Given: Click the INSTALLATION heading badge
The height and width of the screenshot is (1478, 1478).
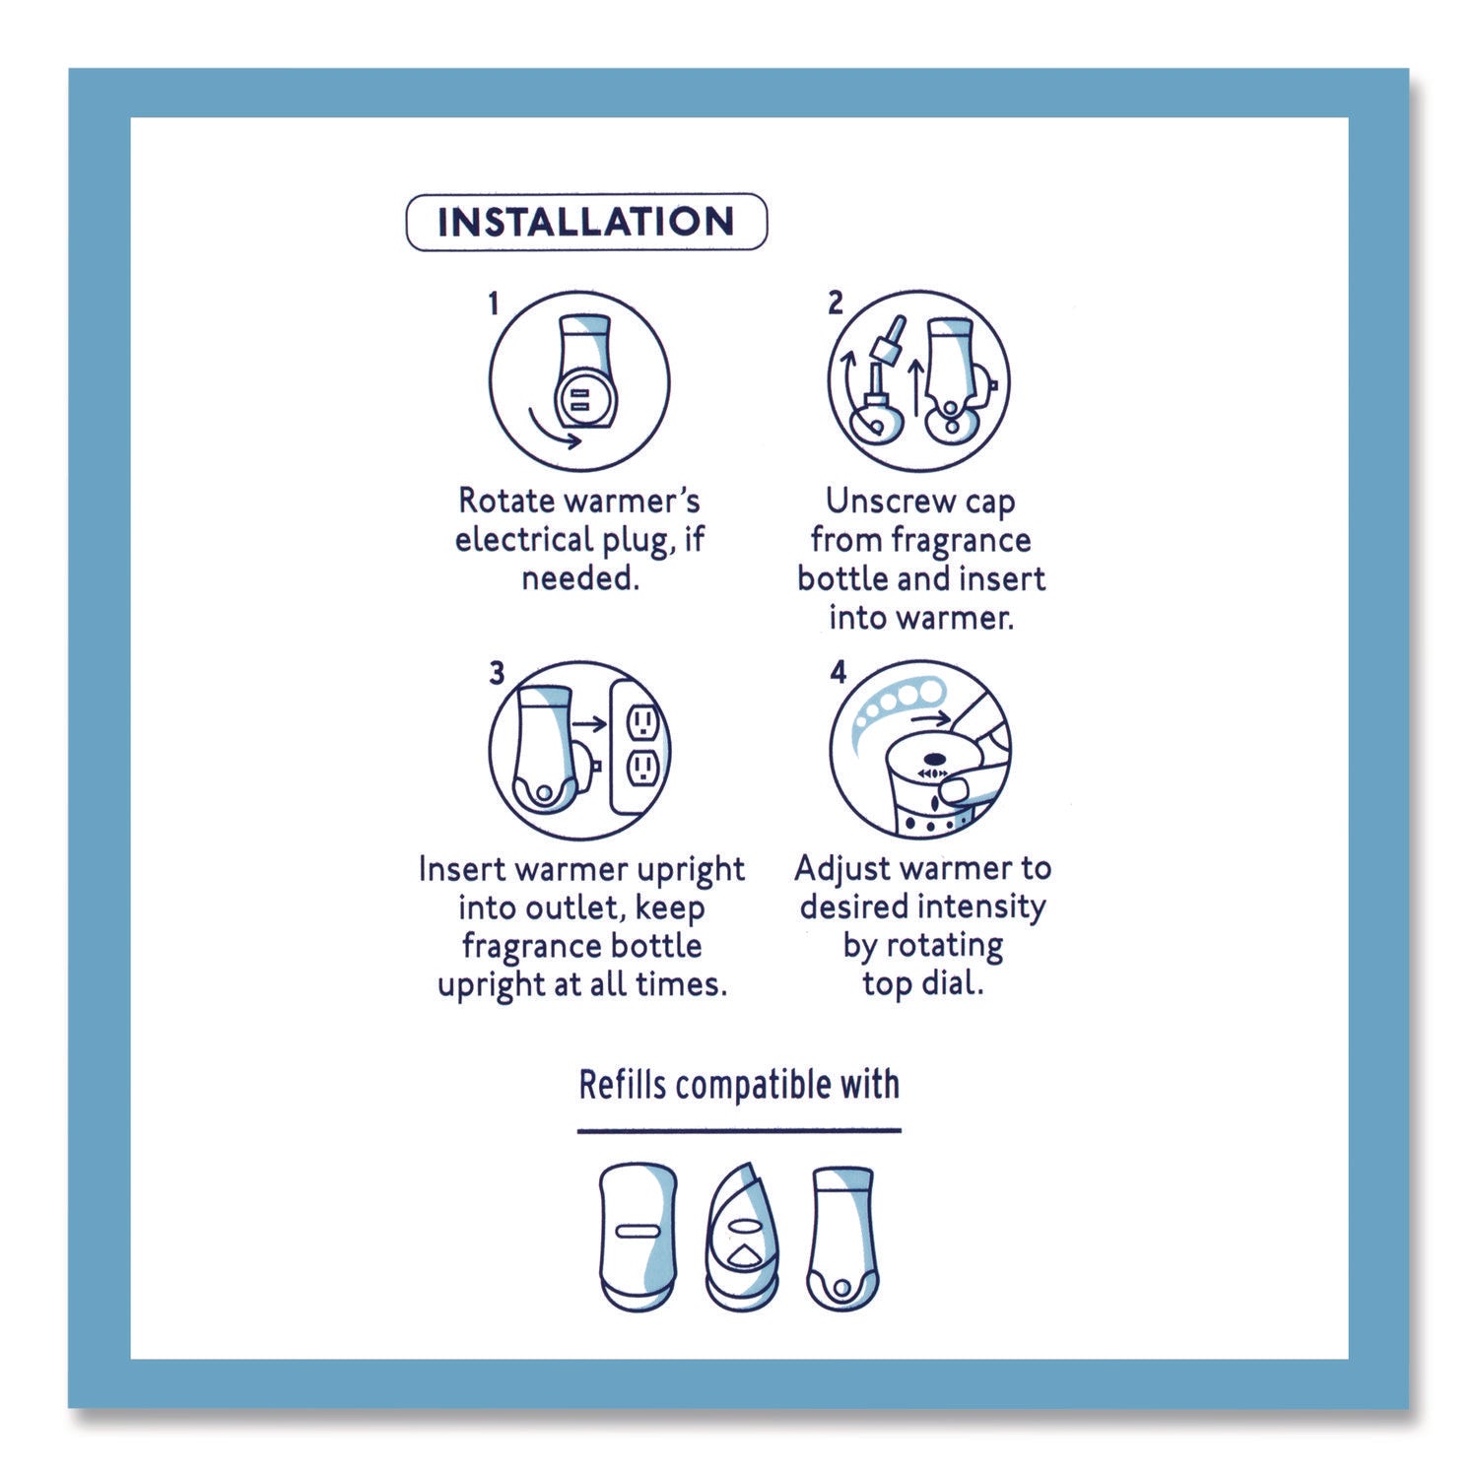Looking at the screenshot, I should pos(586,221).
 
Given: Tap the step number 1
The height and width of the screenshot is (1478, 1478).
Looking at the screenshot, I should pos(494,303).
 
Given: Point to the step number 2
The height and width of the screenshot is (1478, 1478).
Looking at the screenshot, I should pos(836,302).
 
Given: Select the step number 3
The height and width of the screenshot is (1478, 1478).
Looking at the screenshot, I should pos(497,673).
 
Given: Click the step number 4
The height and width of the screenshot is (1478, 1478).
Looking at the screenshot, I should pos(838,673).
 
